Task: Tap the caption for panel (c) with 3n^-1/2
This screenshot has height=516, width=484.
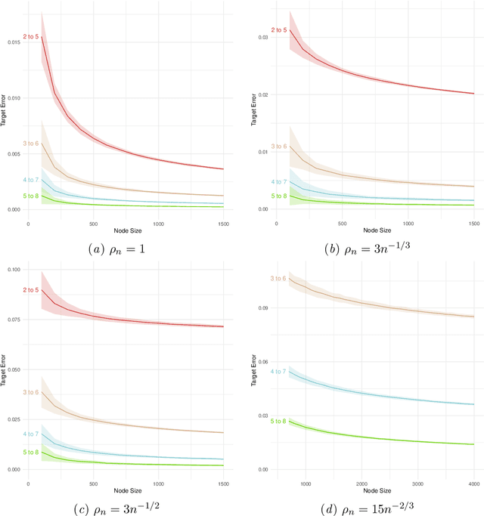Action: click(125, 504)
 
